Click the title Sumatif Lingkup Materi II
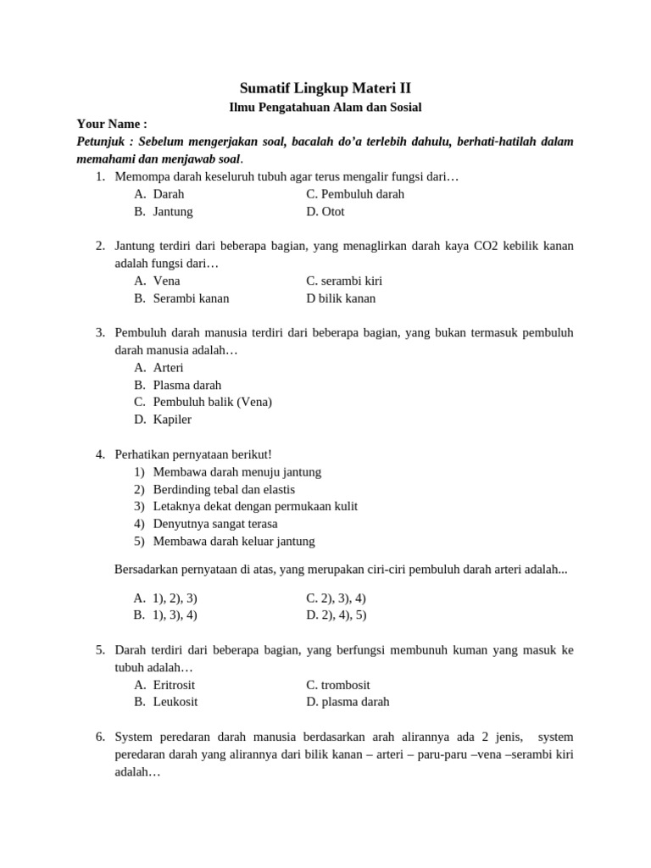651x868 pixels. (x=325, y=87)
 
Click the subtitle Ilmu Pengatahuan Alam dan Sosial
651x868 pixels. (x=325, y=107)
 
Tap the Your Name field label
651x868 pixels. (x=112, y=124)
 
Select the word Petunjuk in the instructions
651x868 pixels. (x=103, y=142)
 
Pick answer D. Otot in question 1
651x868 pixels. (x=325, y=211)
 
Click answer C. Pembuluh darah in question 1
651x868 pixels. (x=354, y=194)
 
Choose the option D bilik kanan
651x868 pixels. (x=341, y=298)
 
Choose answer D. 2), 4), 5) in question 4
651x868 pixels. (x=336, y=615)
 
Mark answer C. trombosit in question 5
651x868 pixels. (x=338, y=685)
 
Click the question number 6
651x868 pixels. (x=100, y=737)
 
